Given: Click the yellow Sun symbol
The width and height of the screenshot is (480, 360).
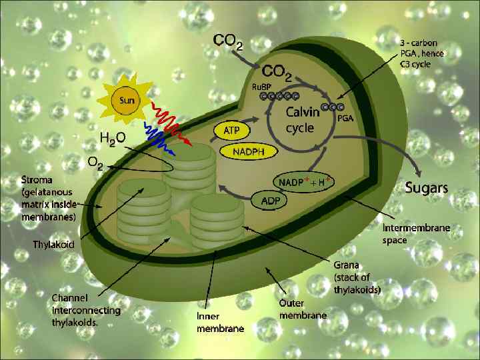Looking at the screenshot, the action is coord(126,101).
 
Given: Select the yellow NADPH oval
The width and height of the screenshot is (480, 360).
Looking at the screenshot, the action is coord(253,152).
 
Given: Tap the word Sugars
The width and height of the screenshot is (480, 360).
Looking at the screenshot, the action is coord(427,187).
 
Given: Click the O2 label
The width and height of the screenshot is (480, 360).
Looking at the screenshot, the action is coord(95,163).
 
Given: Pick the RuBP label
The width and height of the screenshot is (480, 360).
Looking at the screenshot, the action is coord(261,86).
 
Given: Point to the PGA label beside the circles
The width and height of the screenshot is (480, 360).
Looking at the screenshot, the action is coord(345,118).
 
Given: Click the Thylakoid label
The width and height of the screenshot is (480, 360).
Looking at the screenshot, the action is coord(54,244).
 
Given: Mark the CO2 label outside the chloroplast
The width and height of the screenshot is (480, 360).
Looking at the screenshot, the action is coord(228,42).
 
